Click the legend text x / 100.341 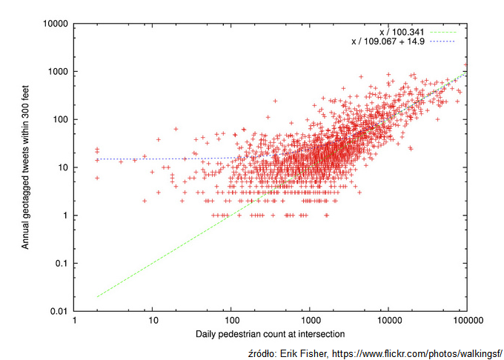(402, 32)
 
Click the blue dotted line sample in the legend (441, 41)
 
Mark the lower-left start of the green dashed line (98, 297)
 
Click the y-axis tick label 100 (61, 120)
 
